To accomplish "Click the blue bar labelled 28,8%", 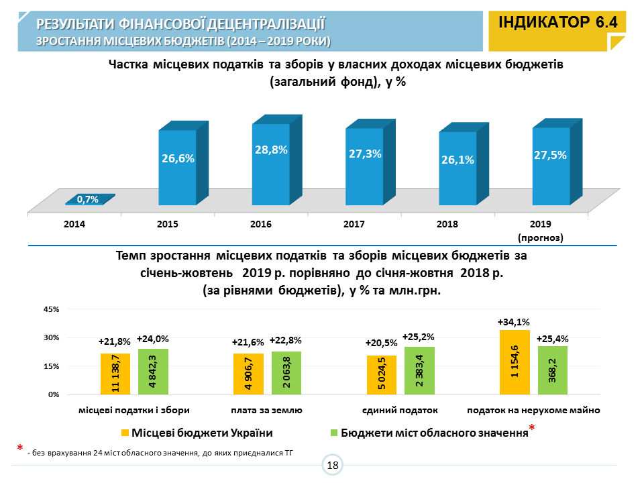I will click(x=271, y=164).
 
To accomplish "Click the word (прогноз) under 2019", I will click(x=540, y=237).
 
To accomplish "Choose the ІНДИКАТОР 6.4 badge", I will click(x=557, y=23).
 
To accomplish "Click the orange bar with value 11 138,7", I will click(x=115, y=374).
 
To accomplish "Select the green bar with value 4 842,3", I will click(x=153, y=372).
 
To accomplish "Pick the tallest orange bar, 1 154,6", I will click(x=515, y=362).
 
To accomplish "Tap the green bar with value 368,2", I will click(x=553, y=370).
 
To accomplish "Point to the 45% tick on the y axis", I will click(x=52, y=309).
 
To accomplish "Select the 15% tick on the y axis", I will click(x=52, y=366).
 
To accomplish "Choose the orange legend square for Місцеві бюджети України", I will click(x=125, y=432).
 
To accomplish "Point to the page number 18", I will click(x=333, y=465).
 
